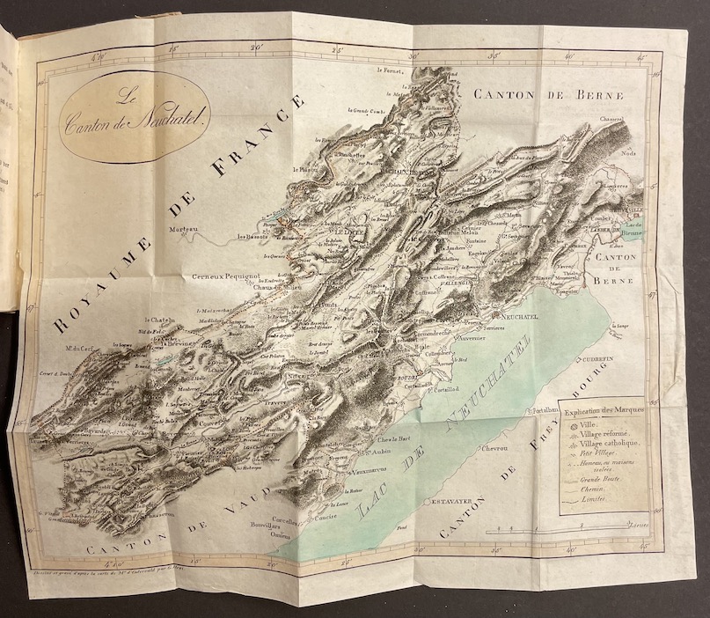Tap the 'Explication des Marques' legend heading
[604, 411]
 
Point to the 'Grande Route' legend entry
[602, 480]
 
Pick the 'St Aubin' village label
[378, 452]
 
